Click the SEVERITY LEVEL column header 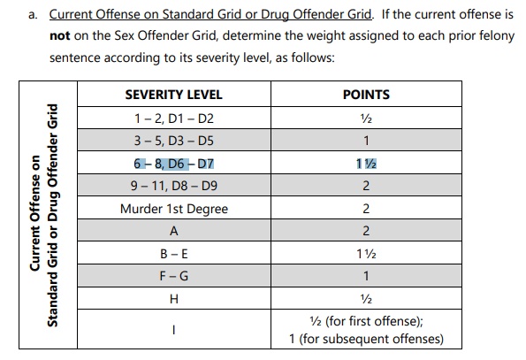point(174,95)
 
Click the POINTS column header point(366,95)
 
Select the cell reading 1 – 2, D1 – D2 point(174,119)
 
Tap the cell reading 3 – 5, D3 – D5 point(174,141)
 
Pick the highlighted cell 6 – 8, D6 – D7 point(174,164)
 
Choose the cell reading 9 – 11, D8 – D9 point(174,186)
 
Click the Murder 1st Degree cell point(174,209)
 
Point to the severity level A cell point(174,231)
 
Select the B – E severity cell point(174,254)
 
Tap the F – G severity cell point(174,276)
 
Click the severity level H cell point(174,299)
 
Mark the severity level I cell point(174,330)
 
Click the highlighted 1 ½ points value point(366,164)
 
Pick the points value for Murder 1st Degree point(366,209)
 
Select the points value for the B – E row point(366,254)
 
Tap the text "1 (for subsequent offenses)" point(366,339)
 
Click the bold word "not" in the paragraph point(60,36)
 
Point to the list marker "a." point(33,15)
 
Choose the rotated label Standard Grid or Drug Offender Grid point(53,215)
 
